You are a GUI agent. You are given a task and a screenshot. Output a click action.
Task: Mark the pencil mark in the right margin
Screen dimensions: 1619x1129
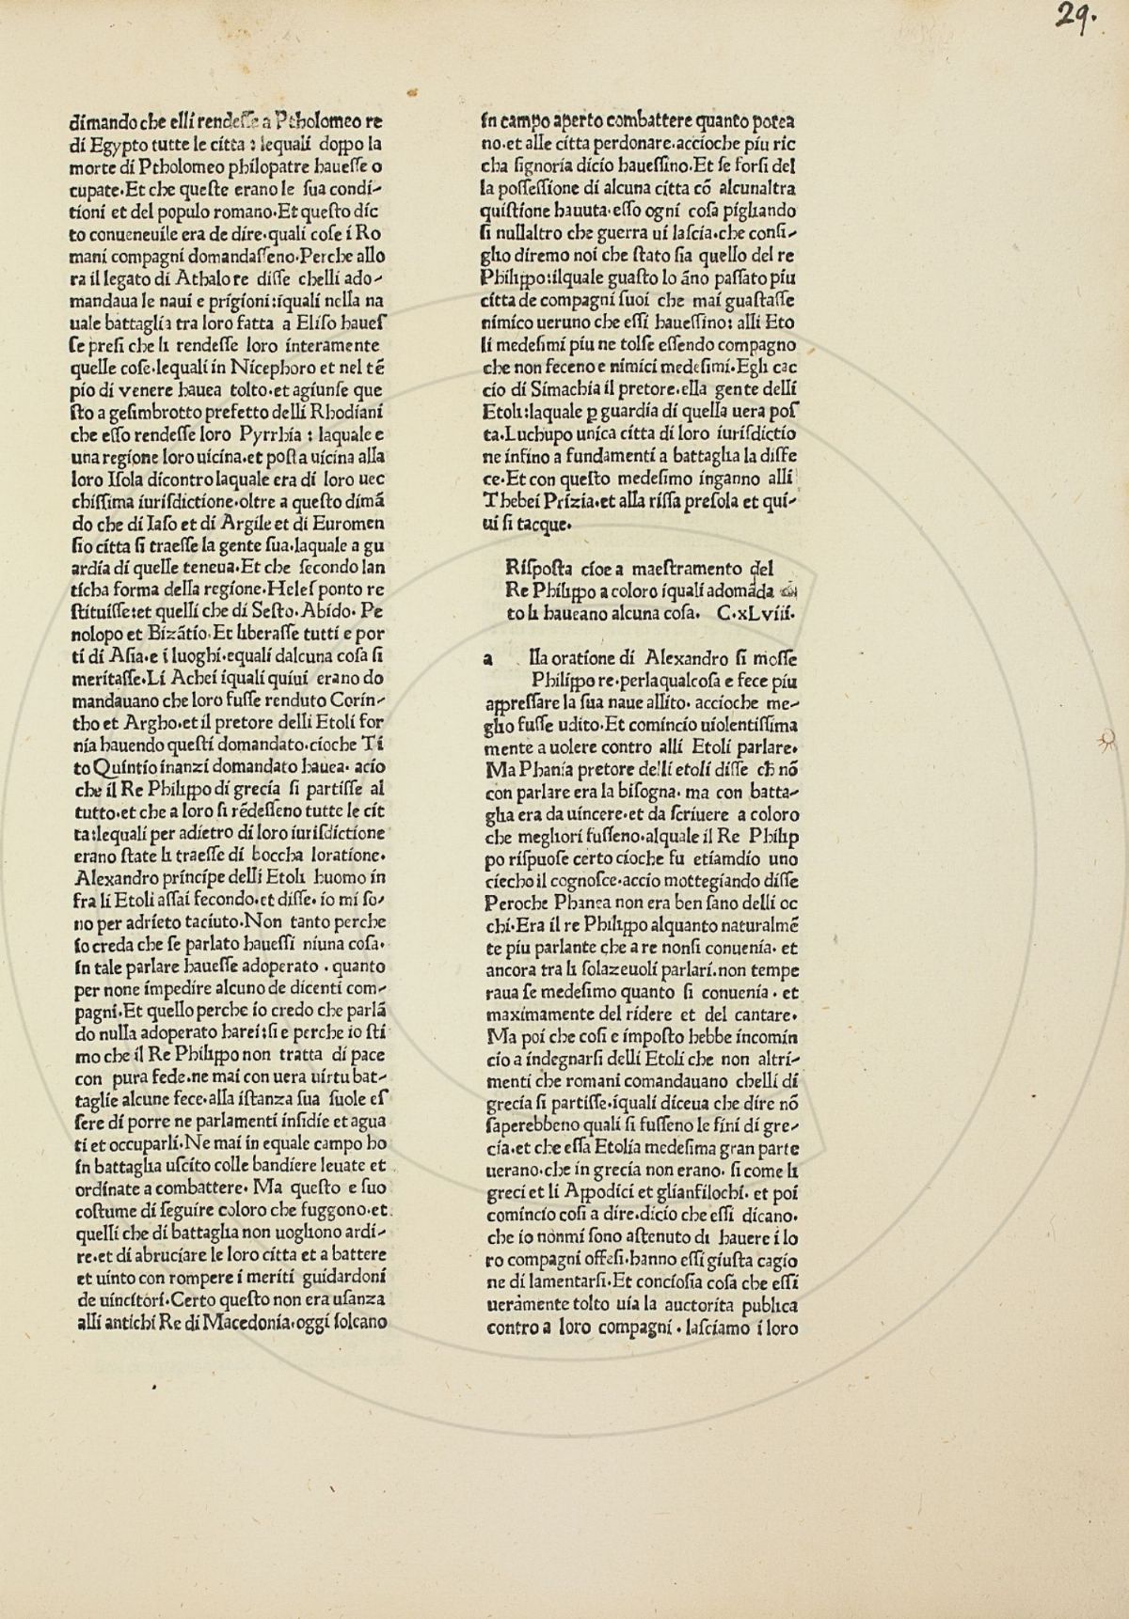coord(1107,743)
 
